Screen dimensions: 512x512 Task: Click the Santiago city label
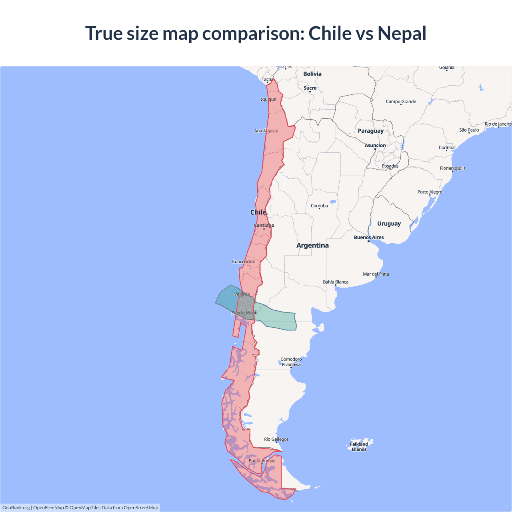pos(264,226)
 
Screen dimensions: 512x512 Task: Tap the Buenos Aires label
pos(369,238)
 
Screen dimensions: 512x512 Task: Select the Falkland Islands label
pos(359,447)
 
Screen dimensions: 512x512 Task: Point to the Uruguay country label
pos(389,224)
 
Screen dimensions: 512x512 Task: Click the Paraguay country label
pos(370,131)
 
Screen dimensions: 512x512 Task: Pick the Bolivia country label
pos(312,74)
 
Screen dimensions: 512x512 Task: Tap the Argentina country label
pos(312,245)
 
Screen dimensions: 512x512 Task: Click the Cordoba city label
pos(319,206)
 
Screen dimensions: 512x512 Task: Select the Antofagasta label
pos(266,131)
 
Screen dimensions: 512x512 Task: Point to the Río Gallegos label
pos(276,439)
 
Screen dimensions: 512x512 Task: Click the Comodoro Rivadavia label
pos(291,362)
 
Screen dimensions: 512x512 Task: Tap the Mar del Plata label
pos(376,274)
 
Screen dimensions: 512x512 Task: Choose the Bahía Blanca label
pos(336,282)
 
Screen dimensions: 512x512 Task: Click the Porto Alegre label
pos(430,192)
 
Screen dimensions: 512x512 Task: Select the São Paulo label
pos(469,130)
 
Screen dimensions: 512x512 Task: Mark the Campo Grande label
pos(401,102)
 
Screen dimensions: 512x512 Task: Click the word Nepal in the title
pos(402,33)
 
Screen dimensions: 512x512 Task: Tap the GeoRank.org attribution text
pos(16,508)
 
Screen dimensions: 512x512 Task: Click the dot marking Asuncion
pos(375,149)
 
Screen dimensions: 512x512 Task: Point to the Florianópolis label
pos(453,168)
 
